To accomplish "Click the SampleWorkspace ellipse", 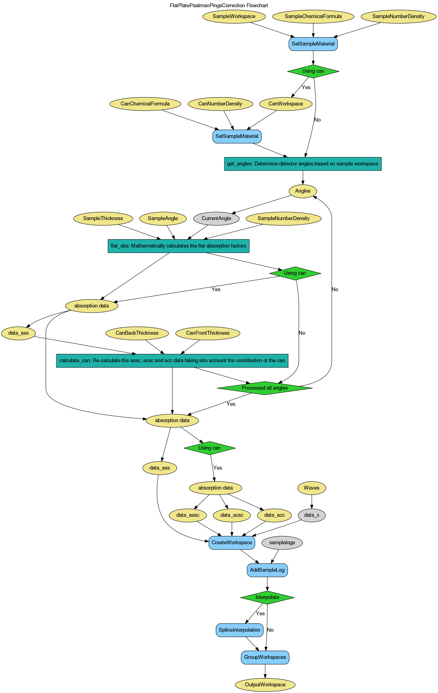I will pyautogui.click(x=234, y=16).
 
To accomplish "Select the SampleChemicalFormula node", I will pyautogui.click(x=313, y=16).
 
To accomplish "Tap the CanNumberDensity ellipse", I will pyautogui.click(x=220, y=104).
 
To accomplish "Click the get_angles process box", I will pyautogui.click(x=303, y=164).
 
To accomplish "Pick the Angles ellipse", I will pyautogui.click(x=303, y=191).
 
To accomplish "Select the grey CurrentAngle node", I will pyautogui.click(x=216, y=218).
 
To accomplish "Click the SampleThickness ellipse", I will pyautogui.click(x=103, y=218).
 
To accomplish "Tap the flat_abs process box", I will pyautogui.click(x=178, y=246).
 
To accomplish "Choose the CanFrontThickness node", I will pyautogui.click(x=208, y=333).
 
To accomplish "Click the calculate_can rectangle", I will pyautogui.click(x=172, y=361).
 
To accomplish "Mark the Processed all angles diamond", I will pyautogui.click(x=265, y=388).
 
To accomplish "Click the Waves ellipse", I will pyautogui.click(x=312, y=488).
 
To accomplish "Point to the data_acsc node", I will pyautogui.click(x=232, y=515).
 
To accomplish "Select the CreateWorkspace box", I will pyautogui.click(x=232, y=543).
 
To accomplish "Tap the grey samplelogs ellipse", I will pyautogui.click(x=282, y=543).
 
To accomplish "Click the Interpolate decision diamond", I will pyautogui.click(x=267, y=597).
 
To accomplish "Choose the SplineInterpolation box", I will pyautogui.click(x=239, y=630).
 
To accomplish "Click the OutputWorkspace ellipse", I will pyautogui.click(x=265, y=685).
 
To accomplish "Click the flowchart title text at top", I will pyautogui.click(x=219, y=6).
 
